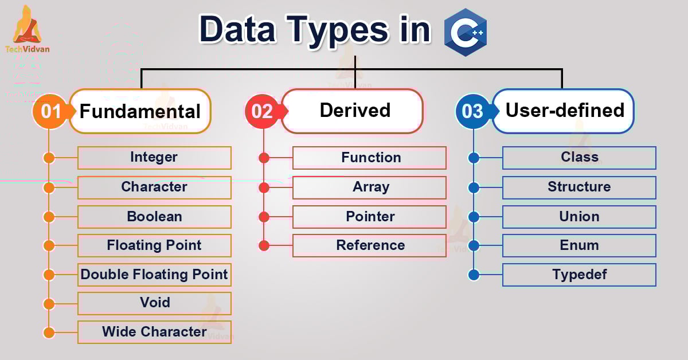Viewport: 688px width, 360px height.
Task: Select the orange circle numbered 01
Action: click(x=50, y=111)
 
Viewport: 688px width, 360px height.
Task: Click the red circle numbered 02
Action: click(x=262, y=111)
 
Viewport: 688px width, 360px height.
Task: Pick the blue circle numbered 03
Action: click(x=472, y=111)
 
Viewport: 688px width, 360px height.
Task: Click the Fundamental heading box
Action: click(x=140, y=111)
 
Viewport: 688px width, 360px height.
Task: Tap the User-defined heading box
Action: click(x=564, y=111)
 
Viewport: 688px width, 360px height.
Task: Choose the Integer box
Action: click(x=154, y=158)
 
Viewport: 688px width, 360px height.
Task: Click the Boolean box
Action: click(x=154, y=217)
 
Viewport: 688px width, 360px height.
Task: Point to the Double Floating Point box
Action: click(x=154, y=275)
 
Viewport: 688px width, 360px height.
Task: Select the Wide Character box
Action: click(x=154, y=332)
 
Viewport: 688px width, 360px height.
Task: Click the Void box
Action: click(x=154, y=303)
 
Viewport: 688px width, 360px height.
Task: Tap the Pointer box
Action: click(x=370, y=217)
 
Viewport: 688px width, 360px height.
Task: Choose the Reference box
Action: click(x=370, y=245)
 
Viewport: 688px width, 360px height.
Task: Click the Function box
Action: click(x=370, y=158)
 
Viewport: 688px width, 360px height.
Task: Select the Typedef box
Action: click(x=579, y=275)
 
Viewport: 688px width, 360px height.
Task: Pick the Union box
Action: click(x=579, y=217)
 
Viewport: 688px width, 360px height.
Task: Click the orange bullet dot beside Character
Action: click(x=49, y=187)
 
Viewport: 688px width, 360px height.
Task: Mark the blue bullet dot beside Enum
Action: click(x=474, y=245)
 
